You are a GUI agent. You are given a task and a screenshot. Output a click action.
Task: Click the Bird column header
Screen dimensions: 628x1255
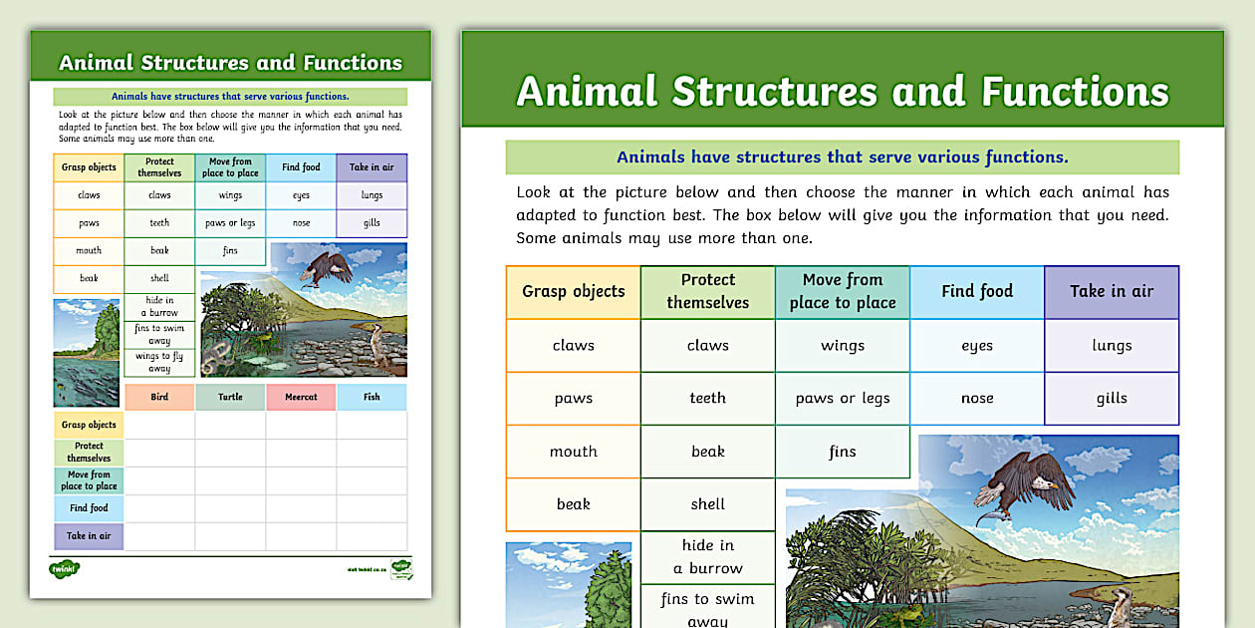point(159,397)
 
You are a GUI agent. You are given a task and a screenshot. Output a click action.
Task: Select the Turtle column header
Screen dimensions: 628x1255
point(230,397)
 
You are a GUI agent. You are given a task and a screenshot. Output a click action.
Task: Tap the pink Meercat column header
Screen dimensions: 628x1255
point(301,397)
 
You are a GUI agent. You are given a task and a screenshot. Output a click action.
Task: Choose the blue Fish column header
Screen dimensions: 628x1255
point(372,397)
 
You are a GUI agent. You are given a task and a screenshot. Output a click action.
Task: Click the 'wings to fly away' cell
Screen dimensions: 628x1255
point(159,362)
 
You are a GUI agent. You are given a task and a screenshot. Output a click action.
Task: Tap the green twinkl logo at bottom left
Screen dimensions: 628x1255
point(65,569)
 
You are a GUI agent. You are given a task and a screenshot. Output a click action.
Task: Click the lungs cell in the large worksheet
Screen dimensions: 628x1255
point(1112,345)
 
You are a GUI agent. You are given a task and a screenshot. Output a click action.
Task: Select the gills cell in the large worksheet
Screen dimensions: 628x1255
point(1112,398)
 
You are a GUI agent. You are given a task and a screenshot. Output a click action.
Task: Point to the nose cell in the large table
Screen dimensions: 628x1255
point(977,398)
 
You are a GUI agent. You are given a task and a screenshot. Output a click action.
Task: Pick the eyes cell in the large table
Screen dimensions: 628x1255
point(977,345)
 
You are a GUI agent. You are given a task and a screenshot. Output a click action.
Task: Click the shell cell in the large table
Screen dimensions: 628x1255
point(708,504)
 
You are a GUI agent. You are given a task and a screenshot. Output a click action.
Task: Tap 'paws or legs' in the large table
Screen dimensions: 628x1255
point(843,398)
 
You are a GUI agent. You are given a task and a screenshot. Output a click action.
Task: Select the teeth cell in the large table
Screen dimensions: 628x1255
point(708,398)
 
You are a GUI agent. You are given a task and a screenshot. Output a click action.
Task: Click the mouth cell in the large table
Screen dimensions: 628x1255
point(574,452)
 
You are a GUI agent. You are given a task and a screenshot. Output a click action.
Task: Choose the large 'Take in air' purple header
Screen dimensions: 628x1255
point(1112,291)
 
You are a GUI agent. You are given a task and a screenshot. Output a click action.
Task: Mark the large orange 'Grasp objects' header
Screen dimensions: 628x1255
point(574,291)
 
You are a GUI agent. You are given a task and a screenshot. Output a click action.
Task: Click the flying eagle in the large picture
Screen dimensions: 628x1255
point(1021,488)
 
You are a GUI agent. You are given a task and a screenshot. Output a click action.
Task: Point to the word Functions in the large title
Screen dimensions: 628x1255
point(1075,92)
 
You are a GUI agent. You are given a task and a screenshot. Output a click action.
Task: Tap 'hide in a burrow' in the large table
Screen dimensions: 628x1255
point(708,556)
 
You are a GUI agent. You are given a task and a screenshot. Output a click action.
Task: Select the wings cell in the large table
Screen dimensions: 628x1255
point(843,345)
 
